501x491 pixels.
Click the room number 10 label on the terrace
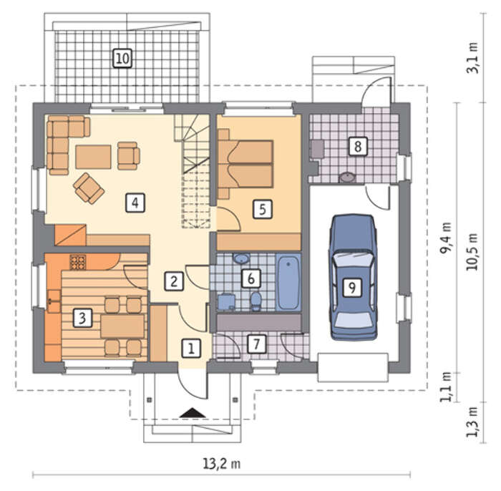coord(122,59)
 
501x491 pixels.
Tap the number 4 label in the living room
coord(135,203)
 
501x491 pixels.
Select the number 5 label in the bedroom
coord(263,209)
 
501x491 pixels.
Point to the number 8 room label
coord(358,147)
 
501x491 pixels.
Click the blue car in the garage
coord(353,277)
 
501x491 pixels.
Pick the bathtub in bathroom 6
coord(288,283)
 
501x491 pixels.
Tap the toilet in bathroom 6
coord(256,301)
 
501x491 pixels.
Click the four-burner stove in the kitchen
coord(77,262)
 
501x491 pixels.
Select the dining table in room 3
coord(122,326)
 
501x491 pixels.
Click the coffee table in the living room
coord(93,157)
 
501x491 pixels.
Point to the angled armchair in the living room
coord(89,188)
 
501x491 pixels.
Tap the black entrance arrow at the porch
coord(193,413)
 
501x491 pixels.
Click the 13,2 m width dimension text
coord(222,463)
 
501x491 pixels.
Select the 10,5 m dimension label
coord(472,253)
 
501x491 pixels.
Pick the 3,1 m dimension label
coord(472,58)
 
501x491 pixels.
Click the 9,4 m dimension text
coord(445,238)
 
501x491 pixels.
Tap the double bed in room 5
coord(245,164)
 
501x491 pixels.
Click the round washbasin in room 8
coord(347,178)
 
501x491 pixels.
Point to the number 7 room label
coord(256,344)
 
